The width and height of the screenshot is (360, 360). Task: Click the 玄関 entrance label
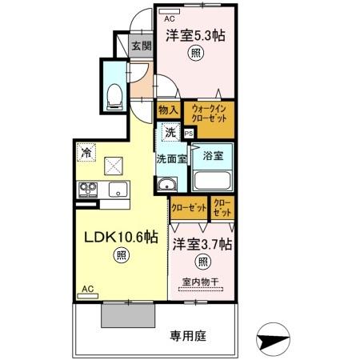[140, 45]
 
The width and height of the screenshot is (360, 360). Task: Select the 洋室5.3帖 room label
[195, 35]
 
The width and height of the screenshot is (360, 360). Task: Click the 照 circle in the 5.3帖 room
[194, 54]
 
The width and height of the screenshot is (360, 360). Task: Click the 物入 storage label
[168, 110]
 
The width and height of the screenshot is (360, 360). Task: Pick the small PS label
[189, 134]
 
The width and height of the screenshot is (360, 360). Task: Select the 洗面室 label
[171, 158]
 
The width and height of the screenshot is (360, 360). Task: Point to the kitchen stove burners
[87, 190]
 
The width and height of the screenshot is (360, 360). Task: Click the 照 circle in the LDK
[120, 255]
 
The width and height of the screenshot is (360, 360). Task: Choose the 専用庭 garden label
[187, 337]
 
